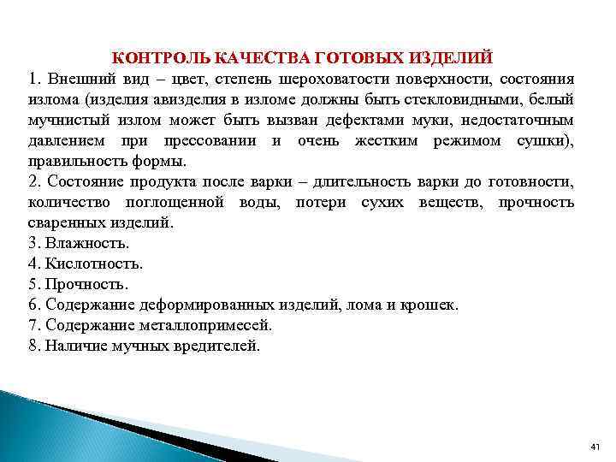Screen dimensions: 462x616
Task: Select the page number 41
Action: [x=596, y=447]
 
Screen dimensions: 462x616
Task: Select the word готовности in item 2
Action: [x=534, y=181]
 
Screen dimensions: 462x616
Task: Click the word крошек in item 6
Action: [x=432, y=304]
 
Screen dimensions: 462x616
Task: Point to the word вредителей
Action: [x=220, y=346]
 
